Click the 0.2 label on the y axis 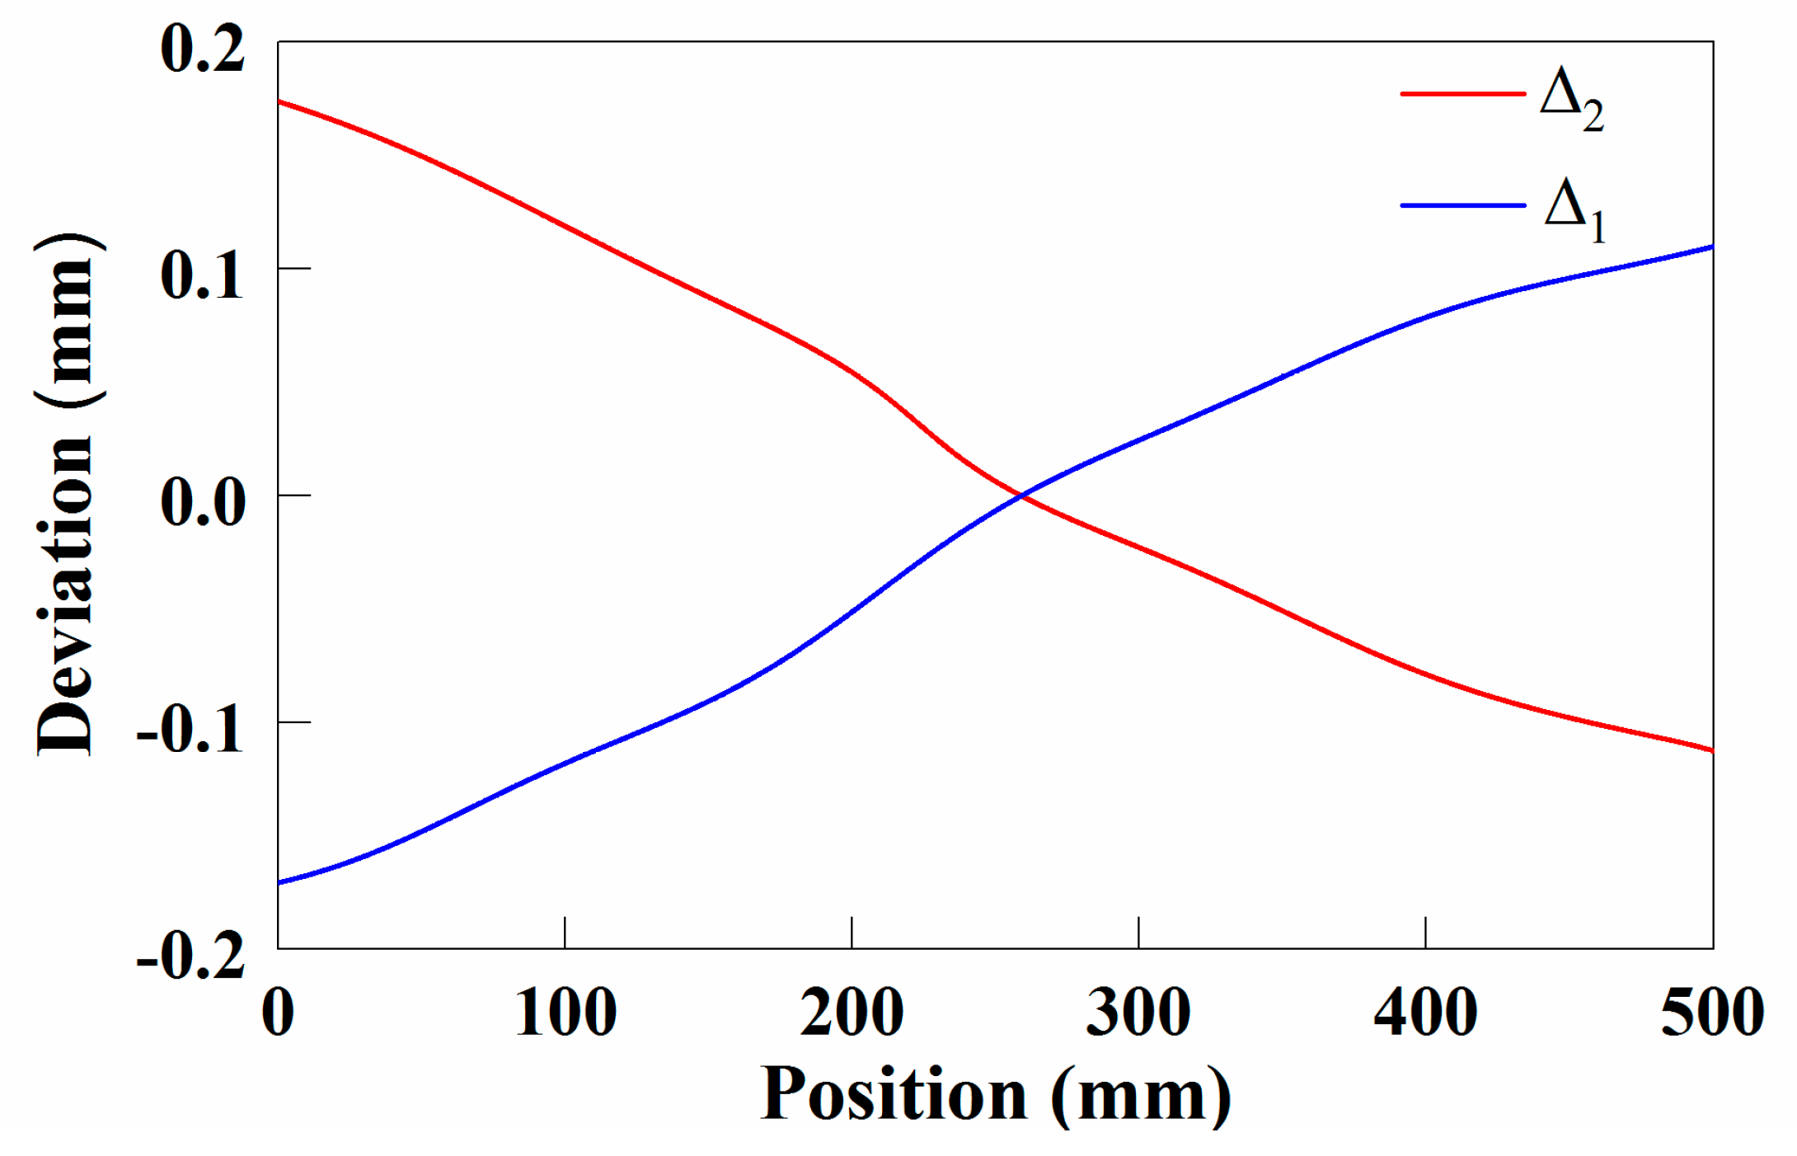203,49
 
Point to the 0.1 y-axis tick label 203,275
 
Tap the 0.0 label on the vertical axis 203,502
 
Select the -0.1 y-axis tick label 190,730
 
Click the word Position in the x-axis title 894,1095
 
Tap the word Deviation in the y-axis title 66,594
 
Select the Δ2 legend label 1571,100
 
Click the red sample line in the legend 1462,94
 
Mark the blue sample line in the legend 1462,204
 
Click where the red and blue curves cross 1022,496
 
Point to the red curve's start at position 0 279,101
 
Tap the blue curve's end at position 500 1711,247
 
